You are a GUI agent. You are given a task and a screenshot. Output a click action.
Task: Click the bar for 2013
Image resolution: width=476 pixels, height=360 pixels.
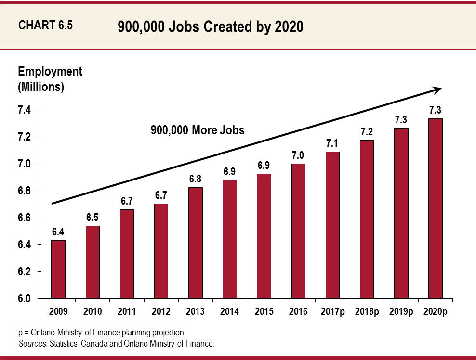pyautogui.click(x=195, y=243)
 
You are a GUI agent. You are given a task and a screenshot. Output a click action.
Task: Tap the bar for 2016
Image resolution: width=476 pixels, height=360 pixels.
pyautogui.click(x=298, y=231)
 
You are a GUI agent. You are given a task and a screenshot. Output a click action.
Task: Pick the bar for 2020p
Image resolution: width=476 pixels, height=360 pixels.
pyautogui.click(x=435, y=208)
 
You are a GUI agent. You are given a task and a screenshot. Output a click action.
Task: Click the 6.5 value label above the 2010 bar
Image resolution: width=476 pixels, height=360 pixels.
pyautogui.click(x=93, y=218)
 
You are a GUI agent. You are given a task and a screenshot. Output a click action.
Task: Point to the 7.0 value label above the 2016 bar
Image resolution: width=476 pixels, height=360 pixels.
pyautogui.click(x=298, y=155)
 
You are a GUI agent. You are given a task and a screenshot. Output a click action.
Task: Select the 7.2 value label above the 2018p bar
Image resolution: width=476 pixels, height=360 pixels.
pyautogui.click(x=367, y=131)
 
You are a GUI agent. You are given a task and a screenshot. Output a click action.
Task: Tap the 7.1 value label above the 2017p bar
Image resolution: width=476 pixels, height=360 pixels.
pyautogui.click(x=332, y=143)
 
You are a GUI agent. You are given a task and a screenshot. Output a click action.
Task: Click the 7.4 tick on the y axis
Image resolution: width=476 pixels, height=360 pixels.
pyautogui.click(x=25, y=111)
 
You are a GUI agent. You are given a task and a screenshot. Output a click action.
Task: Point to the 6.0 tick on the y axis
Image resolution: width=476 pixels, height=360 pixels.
pyautogui.click(x=25, y=299)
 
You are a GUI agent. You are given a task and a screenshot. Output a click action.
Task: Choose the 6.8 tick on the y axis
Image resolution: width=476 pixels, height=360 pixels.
pyautogui.click(x=25, y=192)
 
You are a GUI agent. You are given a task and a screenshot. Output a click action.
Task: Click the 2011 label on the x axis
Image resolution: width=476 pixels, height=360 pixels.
pyautogui.click(x=127, y=312)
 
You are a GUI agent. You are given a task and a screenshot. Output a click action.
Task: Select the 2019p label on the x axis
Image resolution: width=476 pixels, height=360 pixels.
pyautogui.click(x=401, y=312)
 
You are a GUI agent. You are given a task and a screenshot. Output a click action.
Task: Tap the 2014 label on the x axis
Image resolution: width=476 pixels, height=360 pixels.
pyautogui.click(x=229, y=312)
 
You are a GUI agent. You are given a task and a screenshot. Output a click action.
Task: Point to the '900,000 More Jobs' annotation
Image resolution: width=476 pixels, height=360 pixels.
pyautogui.click(x=198, y=130)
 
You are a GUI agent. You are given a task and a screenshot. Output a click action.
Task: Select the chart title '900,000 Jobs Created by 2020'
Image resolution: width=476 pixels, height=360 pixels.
pyautogui.click(x=210, y=27)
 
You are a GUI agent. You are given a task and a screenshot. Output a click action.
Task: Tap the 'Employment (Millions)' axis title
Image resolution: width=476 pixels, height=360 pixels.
pyautogui.click(x=50, y=79)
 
